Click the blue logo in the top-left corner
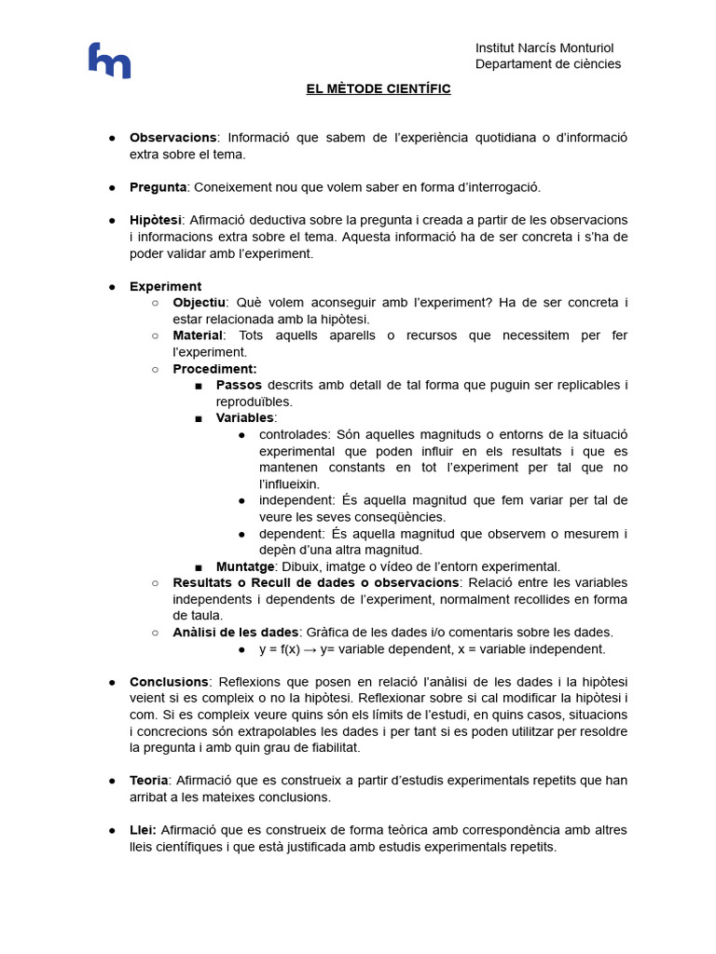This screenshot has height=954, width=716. (x=109, y=61)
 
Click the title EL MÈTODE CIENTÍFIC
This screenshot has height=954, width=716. (x=379, y=89)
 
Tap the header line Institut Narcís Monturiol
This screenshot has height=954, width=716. (x=544, y=48)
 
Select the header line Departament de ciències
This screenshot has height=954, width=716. (x=547, y=64)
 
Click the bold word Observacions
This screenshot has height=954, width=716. (x=172, y=138)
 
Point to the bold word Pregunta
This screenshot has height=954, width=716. (x=158, y=187)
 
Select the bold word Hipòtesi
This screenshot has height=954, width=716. (x=156, y=220)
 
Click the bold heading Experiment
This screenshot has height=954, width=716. (x=165, y=286)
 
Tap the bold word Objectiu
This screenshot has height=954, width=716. (x=199, y=303)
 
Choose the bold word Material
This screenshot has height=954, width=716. (x=198, y=335)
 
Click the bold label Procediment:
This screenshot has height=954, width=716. (x=214, y=369)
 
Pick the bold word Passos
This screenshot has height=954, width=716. (x=240, y=385)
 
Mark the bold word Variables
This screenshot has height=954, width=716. (x=244, y=417)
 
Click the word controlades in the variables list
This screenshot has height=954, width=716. (x=295, y=434)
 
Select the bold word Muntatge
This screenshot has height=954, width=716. (x=245, y=566)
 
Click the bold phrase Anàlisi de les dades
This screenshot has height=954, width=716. (x=236, y=632)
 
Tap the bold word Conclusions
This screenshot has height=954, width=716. (x=169, y=682)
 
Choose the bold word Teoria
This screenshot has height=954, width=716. (x=149, y=781)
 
